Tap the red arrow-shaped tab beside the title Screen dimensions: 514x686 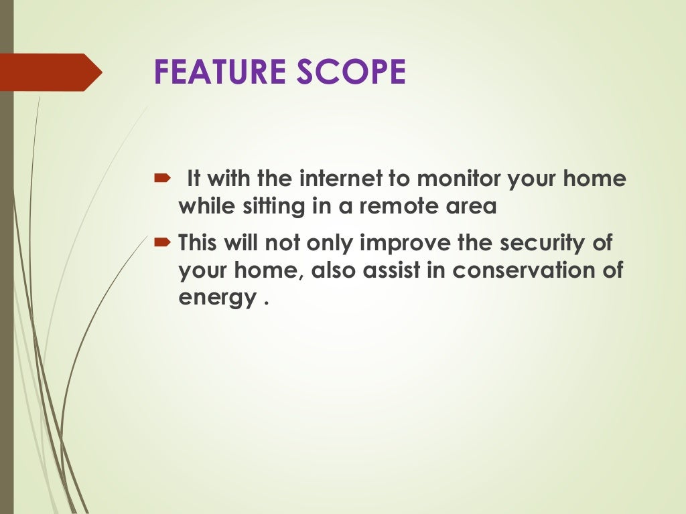point(51,72)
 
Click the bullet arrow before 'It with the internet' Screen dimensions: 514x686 point(163,179)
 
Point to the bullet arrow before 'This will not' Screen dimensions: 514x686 point(163,242)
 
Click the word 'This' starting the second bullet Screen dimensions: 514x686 point(198,242)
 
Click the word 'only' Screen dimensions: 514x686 point(330,243)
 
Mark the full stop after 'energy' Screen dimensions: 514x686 point(266,301)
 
